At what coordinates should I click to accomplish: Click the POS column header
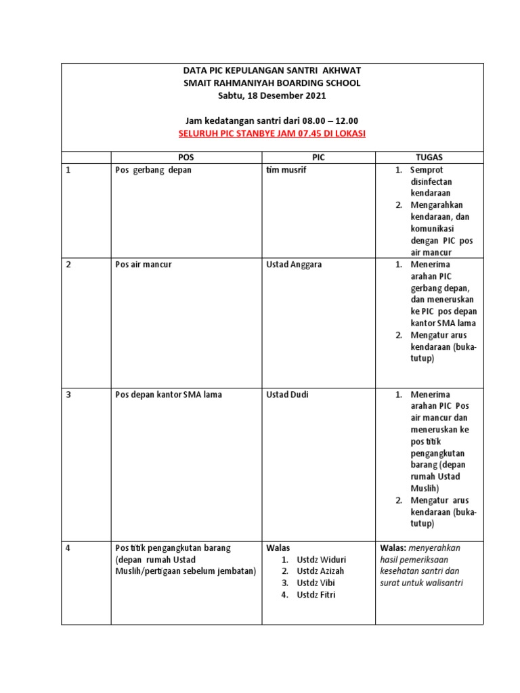(x=186, y=157)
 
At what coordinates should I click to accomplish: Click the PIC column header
(x=318, y=157)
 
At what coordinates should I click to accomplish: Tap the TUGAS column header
(x=429, y=157)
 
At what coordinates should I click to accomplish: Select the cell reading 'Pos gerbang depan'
(x=154, y=170)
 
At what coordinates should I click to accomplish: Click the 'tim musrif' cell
(x=286, y=170)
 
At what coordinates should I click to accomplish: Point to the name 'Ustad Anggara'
(x=295, y=264)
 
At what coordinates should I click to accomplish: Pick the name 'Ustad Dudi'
(x=288, y=394)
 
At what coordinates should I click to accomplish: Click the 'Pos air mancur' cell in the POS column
(x=144, y=264)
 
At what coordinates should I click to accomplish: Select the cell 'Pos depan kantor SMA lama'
(x=169, y=394)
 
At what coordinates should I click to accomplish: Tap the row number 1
(x=68, y=170)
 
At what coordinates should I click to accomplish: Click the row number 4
(x=68, y=547)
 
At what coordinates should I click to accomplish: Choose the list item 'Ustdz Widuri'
(x=321, y=560)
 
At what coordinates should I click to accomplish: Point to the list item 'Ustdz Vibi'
(x=316, y=583)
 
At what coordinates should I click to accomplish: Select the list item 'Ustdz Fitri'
(x=316, y=595)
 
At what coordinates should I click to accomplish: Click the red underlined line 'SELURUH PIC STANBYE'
(x=272, y=133)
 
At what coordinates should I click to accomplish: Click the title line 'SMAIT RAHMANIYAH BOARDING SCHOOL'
(x=272, y=83)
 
